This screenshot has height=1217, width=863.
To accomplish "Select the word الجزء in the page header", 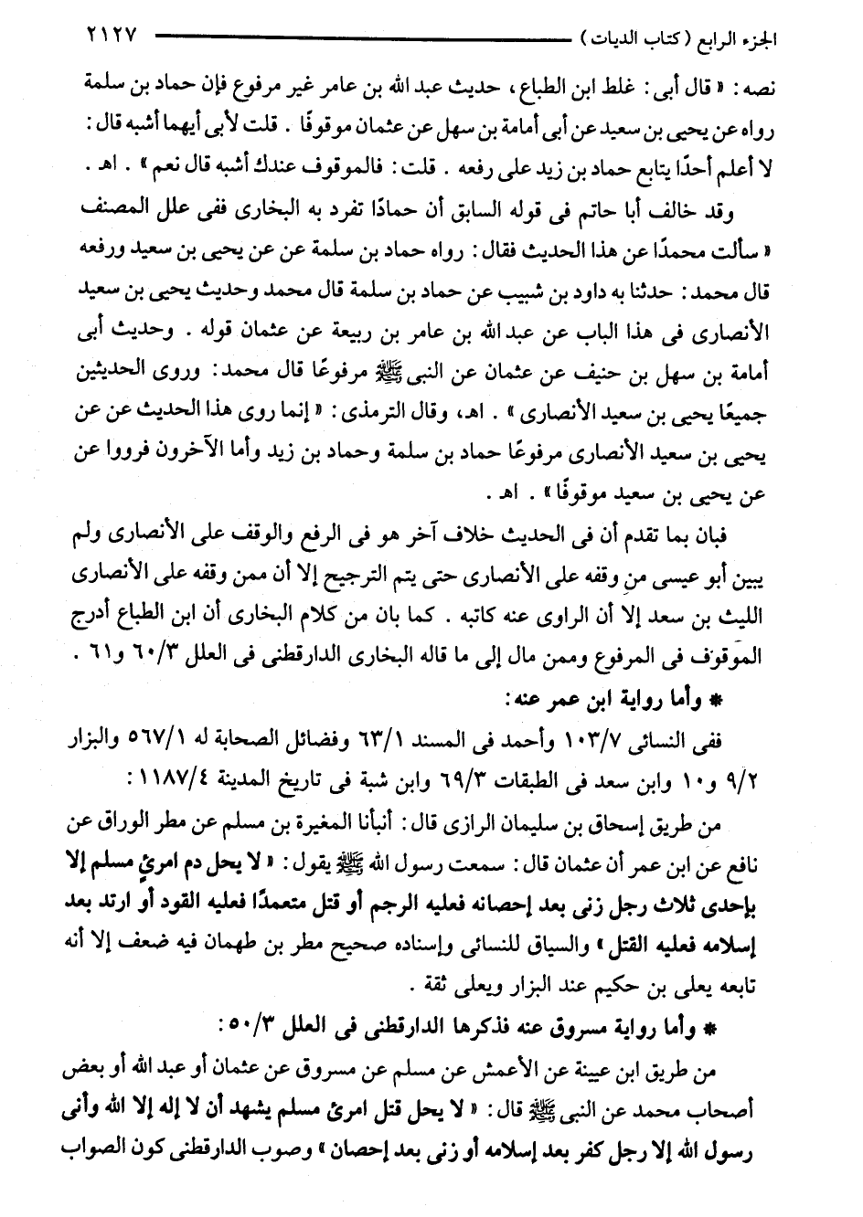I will [775, 39].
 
